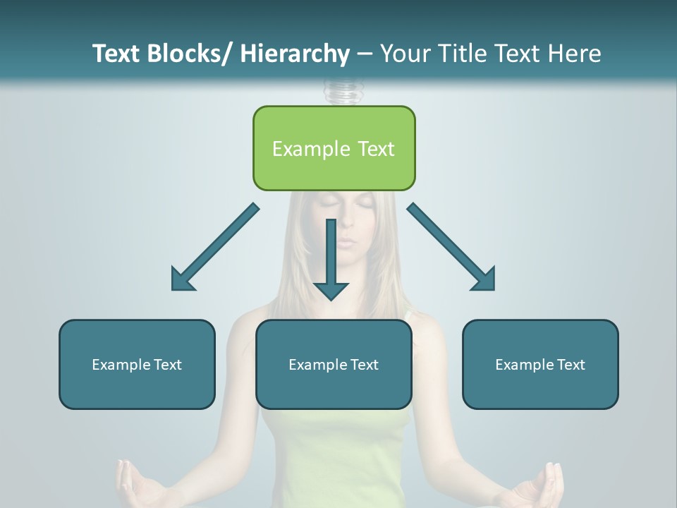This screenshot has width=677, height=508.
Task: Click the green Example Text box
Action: [334, 148]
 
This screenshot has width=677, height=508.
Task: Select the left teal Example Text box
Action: [137, 364]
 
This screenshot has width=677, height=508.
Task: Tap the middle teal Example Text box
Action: [334, 364]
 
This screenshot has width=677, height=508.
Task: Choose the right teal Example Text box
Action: [540, 364]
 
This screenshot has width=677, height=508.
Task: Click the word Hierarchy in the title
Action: [295, 54]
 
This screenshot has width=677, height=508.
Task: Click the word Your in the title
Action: [405, 54]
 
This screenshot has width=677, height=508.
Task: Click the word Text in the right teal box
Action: [570, 364]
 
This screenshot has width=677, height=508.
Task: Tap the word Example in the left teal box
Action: [121, 364]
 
